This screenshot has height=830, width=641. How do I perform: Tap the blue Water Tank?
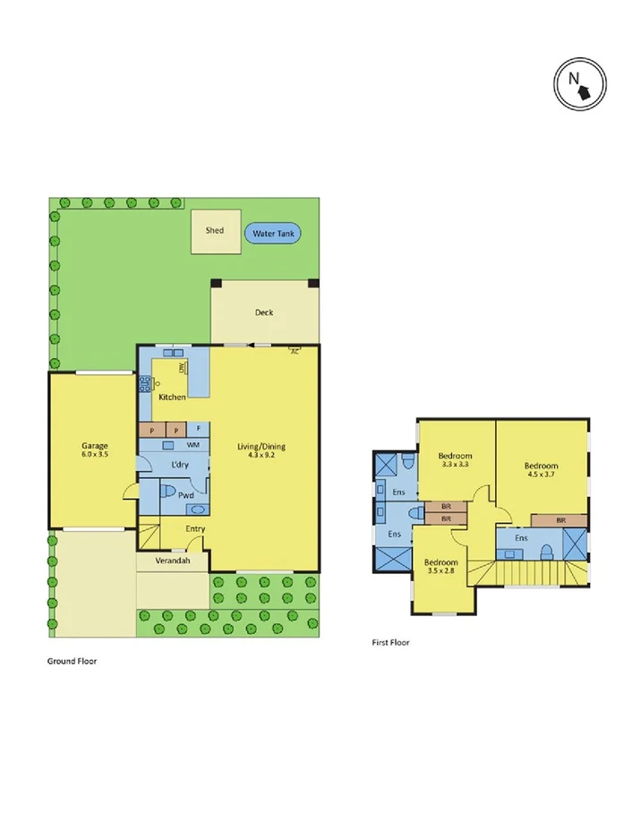[273, 233]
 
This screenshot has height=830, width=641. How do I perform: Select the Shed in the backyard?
[215, 231]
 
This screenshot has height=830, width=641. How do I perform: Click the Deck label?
[264, 312]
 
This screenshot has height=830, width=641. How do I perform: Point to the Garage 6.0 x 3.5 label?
[95, 450]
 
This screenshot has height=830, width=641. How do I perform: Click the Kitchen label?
[172, 397]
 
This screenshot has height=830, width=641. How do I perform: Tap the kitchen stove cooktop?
[143, 384]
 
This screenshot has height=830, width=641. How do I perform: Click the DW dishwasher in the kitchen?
[182, 368]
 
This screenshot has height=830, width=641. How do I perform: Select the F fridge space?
[199, 428]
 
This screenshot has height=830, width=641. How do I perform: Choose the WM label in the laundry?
[193, 444]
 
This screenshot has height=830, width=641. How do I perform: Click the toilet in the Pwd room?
[167, 490]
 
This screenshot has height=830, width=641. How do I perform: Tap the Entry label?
[195, 528]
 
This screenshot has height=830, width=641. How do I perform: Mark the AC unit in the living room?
[294, 352]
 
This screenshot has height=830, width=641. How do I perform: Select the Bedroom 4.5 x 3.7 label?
[542, 470]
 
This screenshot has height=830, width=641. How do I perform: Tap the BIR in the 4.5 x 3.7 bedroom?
[560, 519]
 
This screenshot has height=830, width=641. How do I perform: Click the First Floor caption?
[390, 642]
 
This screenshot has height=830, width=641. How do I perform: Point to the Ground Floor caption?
[72, 661]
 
